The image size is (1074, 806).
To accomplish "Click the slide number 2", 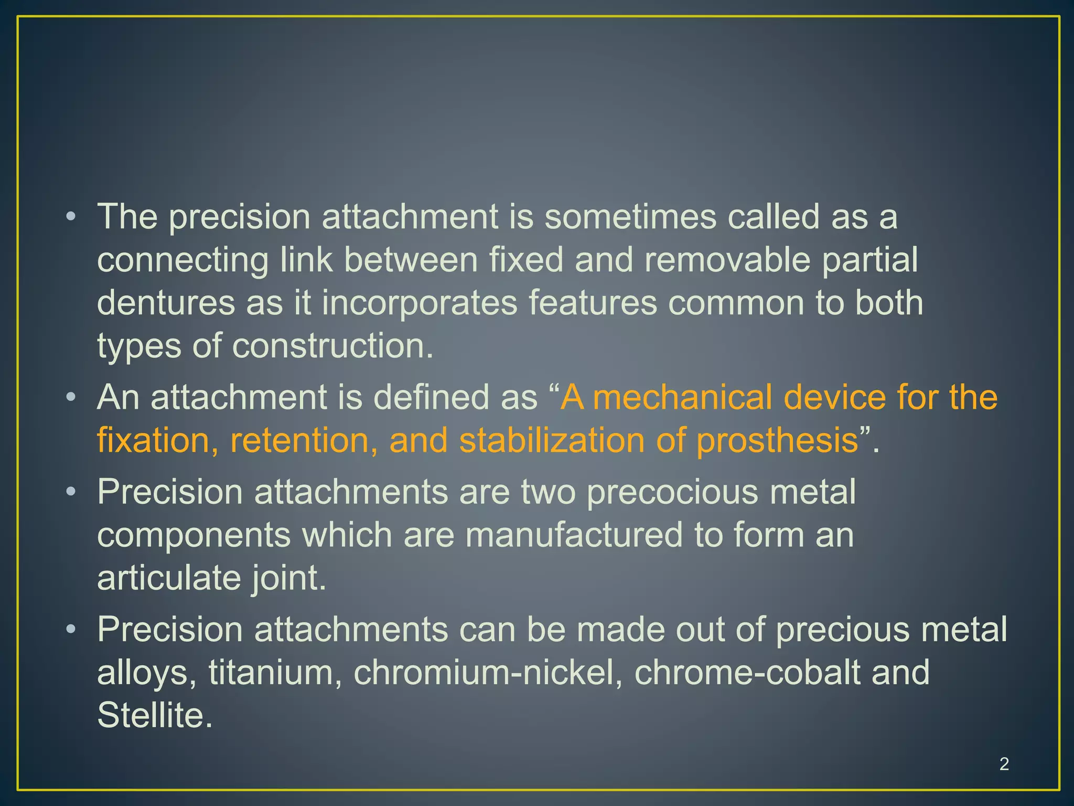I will point(1004,764).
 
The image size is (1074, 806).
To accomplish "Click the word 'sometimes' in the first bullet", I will point(630,217).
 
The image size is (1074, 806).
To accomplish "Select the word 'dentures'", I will point(166,303).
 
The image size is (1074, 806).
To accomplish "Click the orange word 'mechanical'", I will point(682,397).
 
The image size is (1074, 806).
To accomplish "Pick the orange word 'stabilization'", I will point(552,440).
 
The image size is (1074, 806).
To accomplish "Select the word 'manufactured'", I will point(574,535).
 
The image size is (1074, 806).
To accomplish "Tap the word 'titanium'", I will point(271,673).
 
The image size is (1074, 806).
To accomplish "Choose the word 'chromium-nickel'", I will point(488,673).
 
